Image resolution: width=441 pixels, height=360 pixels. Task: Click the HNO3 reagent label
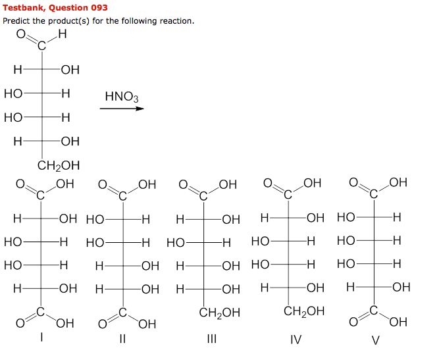122,98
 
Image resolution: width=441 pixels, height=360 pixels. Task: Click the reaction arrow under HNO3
122,109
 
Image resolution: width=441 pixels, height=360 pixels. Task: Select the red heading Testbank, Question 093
55,8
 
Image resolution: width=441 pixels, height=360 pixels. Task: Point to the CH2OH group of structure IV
303,311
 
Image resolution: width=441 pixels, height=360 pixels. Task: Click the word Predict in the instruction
16,21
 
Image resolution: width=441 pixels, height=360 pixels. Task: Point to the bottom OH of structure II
147,323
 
